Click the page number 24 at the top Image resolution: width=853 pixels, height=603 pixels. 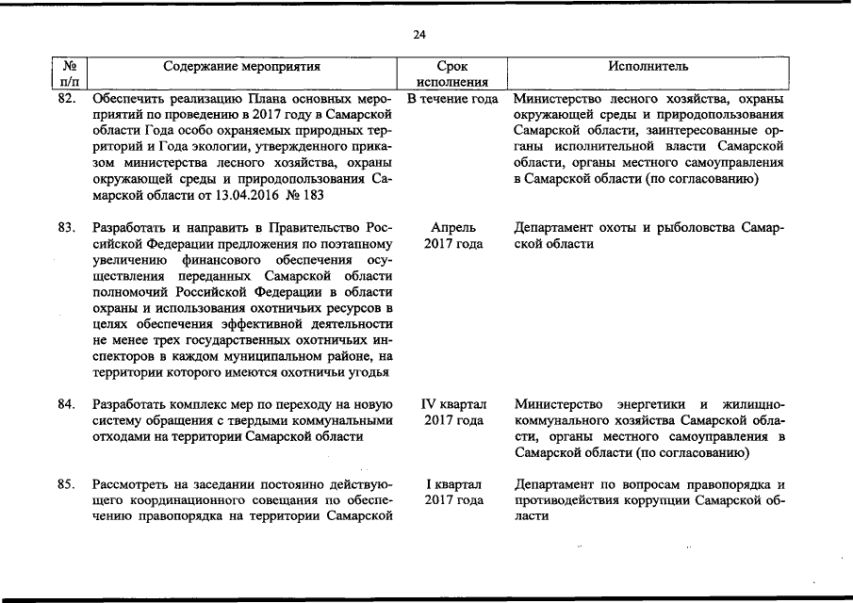pos(419,35)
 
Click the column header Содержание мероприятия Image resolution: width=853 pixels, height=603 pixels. pos(242,67)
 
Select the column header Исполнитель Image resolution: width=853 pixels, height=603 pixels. pos(648,67)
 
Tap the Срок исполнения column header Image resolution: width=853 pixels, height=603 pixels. pos(451,74)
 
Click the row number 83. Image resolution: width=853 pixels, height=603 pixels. pos(65,228)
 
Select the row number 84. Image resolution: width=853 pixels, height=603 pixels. pos(65,404)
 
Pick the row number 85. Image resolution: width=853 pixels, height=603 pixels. pos(65,484)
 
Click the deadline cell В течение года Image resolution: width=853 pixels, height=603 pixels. pos(452,98)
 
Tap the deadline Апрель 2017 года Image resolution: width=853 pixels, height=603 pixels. pos(452,236)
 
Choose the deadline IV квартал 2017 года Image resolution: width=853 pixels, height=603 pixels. pos(452,412)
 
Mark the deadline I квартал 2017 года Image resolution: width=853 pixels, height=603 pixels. pos(452,492)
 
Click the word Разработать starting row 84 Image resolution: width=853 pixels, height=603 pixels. pos(131,404)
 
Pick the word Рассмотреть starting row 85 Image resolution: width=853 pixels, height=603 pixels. pos(132,484)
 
